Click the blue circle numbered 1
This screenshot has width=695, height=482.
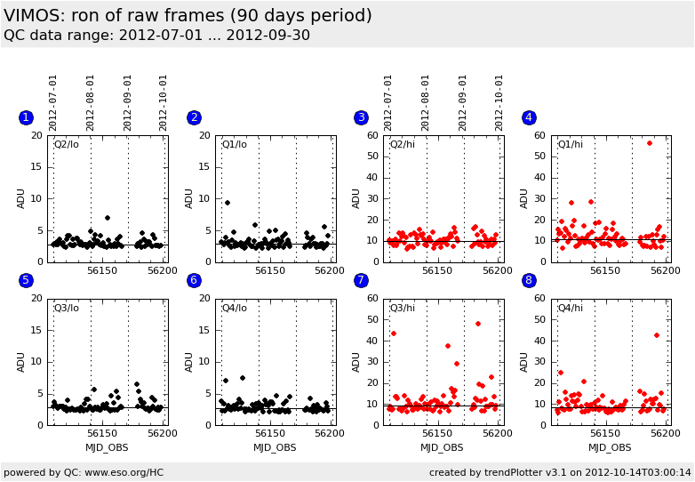(x=26, y=117)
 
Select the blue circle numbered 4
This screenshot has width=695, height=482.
(x=529, y=117)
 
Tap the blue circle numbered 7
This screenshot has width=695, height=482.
(x=361, y=280)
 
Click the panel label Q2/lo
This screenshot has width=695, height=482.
(x=67, y=144)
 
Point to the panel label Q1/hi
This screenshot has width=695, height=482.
(x=571, y=144)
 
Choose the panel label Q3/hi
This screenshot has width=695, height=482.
(x=403, y=308)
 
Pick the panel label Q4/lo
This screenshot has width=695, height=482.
(x=235, y=308)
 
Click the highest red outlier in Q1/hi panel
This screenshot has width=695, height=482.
(x=650, y=143)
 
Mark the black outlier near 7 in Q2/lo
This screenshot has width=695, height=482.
(x=108, y=218)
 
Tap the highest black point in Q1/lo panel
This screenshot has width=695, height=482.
(x=228, y=203)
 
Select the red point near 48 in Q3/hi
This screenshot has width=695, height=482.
(x=478, y=324)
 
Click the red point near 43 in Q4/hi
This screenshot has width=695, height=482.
(x=657, y=335)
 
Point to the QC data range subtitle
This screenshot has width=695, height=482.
(x=156, y=36)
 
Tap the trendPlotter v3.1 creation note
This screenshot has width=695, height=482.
(x=560, y=472)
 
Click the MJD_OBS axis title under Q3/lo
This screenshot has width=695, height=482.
(x=107, y=447)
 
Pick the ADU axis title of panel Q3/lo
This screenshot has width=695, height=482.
(x=21, y=361)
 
